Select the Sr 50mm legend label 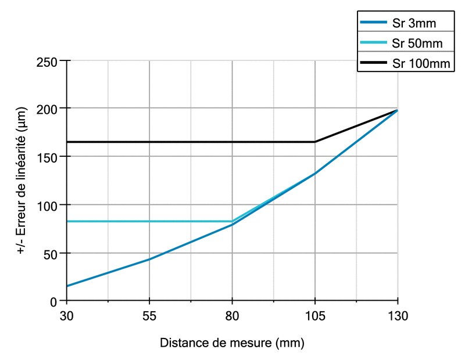417,44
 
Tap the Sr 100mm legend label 420,63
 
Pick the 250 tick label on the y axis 46,60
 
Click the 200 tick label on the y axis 46,109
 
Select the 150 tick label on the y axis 46,157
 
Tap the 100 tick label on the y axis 46,205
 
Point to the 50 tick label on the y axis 49,253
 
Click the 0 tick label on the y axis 52,301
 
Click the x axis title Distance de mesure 232,343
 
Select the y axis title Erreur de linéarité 22,181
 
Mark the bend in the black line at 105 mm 315,142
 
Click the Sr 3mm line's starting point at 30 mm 67,286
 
